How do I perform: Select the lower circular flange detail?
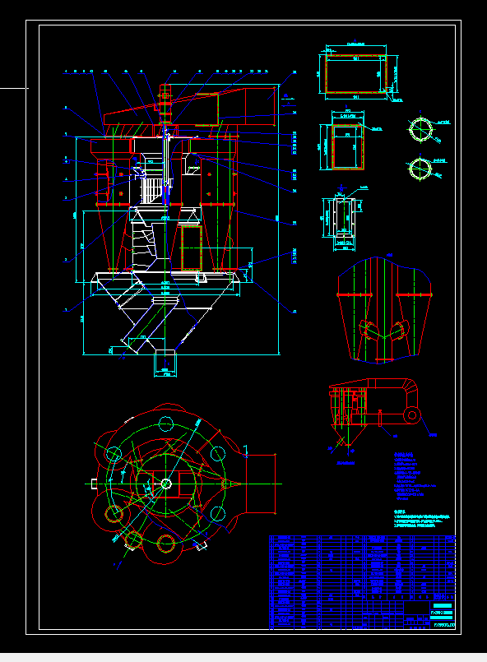[420, 169]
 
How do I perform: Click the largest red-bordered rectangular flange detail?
[355, 72]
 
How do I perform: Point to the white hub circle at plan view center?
[165, 484]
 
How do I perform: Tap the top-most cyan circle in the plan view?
[165, 424]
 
